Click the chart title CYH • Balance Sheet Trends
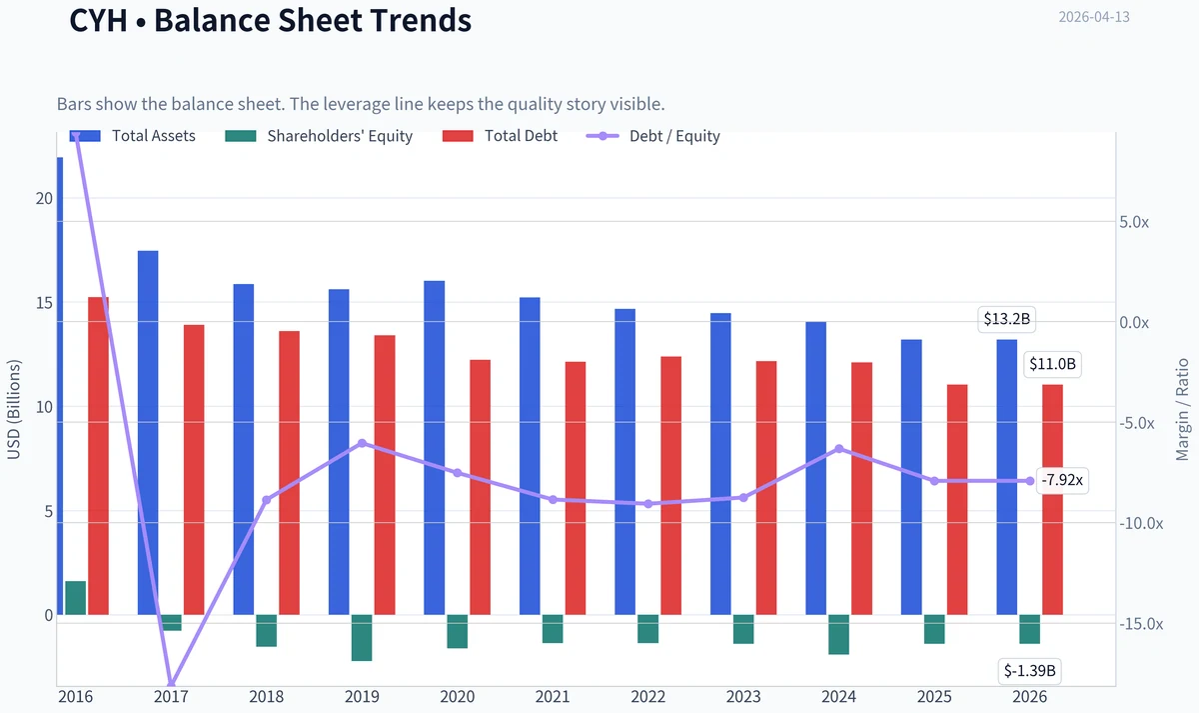(x=271, y=20)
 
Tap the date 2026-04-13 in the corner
(x=1094, y=17)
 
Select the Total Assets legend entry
(x=132, y=136)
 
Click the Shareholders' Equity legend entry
(x=319, y=136)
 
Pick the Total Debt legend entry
(x=500, y=136)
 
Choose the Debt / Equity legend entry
(x=653, y=136)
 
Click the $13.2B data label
(x=1006, y=319)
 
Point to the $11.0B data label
(x=1052, y=364)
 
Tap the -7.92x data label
(x=1062, y=480)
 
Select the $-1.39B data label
(x=1029, y=671)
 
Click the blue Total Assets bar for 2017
(x=148, y=433)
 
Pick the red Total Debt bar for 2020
(x=481, y=487)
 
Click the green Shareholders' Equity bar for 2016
(x=76, y=598)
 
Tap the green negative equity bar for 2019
(x=362, y=637)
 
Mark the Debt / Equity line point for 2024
(x=839, y=449)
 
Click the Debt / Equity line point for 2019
(x=362, y=443)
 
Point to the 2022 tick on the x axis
(x=647, y=697)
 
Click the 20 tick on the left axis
(x=44, y=199)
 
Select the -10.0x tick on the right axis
(x=1141, y=523)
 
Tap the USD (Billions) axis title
(x=13, y=410)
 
